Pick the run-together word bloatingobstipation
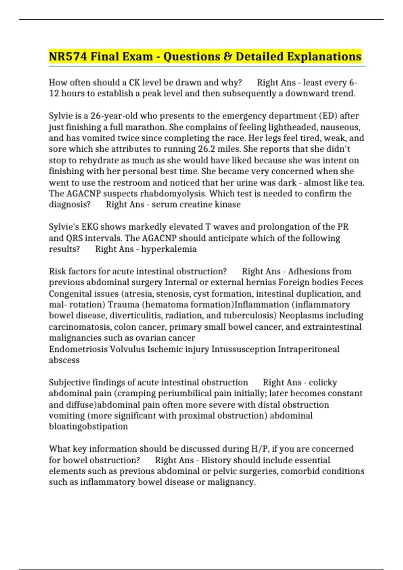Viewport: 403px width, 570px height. pyautogui.click(x=88, y=426)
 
